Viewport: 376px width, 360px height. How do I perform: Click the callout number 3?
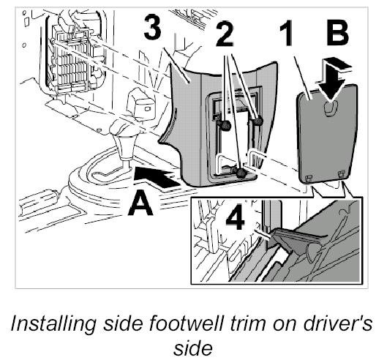point(152,27)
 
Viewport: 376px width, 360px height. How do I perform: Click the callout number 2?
point(225,34)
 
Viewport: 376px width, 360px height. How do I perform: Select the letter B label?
point(336,34)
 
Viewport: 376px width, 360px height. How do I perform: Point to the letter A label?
point(140,203)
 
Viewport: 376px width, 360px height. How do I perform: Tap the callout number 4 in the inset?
point(235,217)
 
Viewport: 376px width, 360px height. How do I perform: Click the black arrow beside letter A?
point(156,177)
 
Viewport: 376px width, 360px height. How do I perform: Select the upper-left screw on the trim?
point(226,125)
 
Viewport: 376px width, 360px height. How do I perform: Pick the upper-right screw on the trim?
point(257,120)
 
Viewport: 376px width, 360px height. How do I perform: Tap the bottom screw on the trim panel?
point(241,173)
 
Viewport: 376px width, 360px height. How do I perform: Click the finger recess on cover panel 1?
point(331,107)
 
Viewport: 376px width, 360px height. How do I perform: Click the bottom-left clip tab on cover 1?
point(309,178)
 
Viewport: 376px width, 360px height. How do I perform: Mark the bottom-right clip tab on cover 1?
point(341,173)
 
